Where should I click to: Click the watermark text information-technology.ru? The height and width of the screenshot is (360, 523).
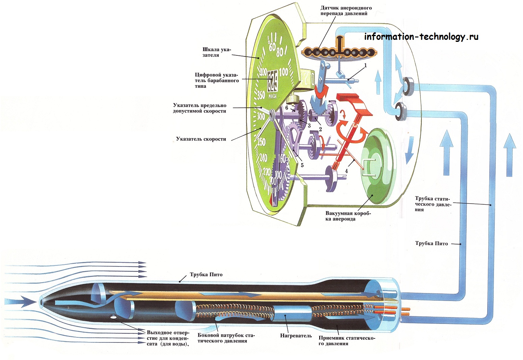point(421,36)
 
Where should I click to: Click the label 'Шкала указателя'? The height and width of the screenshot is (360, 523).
point(216,52)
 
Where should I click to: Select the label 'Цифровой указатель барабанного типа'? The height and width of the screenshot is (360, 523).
point(217,80)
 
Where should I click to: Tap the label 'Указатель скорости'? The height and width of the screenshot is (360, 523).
point(201,139)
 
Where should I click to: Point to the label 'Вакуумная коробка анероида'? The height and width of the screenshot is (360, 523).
point(348,216)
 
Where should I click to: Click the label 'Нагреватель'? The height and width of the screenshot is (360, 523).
point(296,336)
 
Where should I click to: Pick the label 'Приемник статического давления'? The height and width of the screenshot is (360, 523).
point(347,340)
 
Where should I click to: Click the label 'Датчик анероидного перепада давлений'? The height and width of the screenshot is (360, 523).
point(346,11)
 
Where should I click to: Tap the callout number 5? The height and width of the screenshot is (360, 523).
point(302,165)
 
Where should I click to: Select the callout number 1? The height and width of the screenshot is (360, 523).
point(365,65)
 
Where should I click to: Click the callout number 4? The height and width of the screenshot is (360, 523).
point(346,171)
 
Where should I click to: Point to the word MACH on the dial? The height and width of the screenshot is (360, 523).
point(272,96)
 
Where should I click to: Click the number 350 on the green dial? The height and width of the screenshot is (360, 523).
point(261,95)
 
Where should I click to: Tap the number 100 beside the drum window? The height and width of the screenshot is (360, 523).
point(283,72)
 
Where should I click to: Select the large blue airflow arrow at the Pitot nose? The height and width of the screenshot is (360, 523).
point(23,301)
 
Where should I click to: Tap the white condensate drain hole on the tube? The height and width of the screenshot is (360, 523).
point(113,317)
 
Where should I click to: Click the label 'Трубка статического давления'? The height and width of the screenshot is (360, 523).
point(433,204)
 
